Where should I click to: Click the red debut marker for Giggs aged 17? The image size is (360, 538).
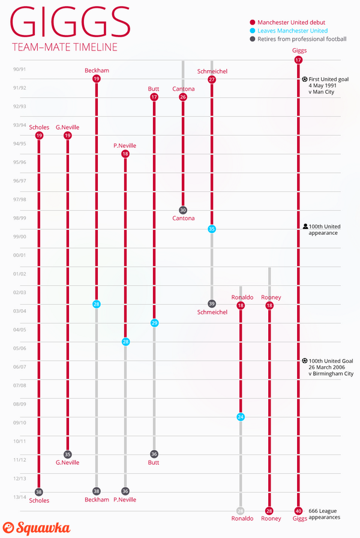coord(298,60)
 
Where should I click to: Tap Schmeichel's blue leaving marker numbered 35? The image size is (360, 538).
coord(212,229)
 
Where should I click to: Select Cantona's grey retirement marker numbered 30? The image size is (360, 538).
coord(183,210)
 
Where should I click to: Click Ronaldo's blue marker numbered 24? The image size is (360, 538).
coord(241,417)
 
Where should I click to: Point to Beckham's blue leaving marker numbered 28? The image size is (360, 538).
coord(97,304)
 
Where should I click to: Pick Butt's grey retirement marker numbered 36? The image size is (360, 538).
coord(154,454)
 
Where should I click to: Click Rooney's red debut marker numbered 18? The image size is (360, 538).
coord(269,306)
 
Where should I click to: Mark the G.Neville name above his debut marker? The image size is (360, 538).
coord(67,127)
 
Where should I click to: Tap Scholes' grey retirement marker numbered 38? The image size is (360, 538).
coord(39,492)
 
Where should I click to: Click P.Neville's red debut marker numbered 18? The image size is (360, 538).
coord(125,154)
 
